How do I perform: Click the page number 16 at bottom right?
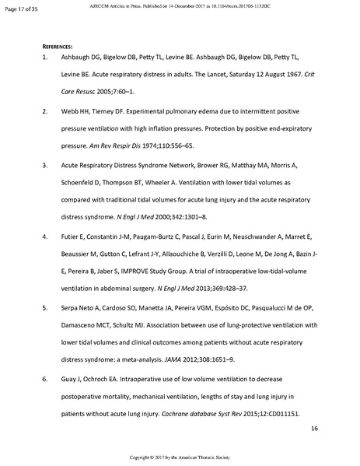pos(314,428)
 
